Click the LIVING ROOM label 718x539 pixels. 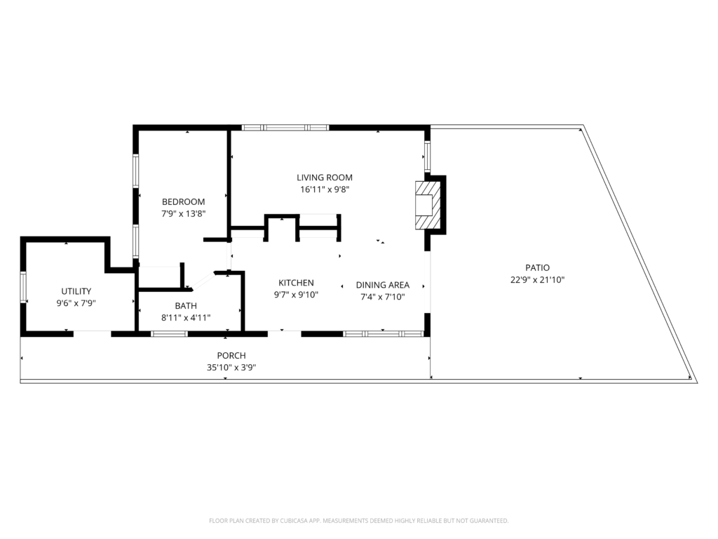(x=324, y=178)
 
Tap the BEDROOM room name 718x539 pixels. (x=183, y=201)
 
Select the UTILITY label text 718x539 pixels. (x=76, y=291)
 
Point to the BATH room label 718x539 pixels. (x=186, y=306)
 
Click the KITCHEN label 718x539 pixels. (x=297, y=283)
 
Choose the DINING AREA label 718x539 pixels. (x=383, y=285)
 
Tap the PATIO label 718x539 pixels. (x=538, y=267)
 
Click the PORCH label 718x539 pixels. (x=231, y=355)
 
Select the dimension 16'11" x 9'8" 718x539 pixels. (x=325, y=189)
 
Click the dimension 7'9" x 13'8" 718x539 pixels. (x=183, y=213)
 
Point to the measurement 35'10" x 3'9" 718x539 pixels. (x=231, y=367)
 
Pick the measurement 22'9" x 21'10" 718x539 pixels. (x=538, y=279)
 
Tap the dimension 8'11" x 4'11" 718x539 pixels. (x=186, y=318)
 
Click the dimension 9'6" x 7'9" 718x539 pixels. (x=76, y=303)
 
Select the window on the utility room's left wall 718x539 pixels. (x=23, y=287)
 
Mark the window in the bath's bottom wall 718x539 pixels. (x=170, y=333)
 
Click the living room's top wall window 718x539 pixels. (x=285, y=128)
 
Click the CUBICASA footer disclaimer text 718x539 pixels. (x=358, y=521)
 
